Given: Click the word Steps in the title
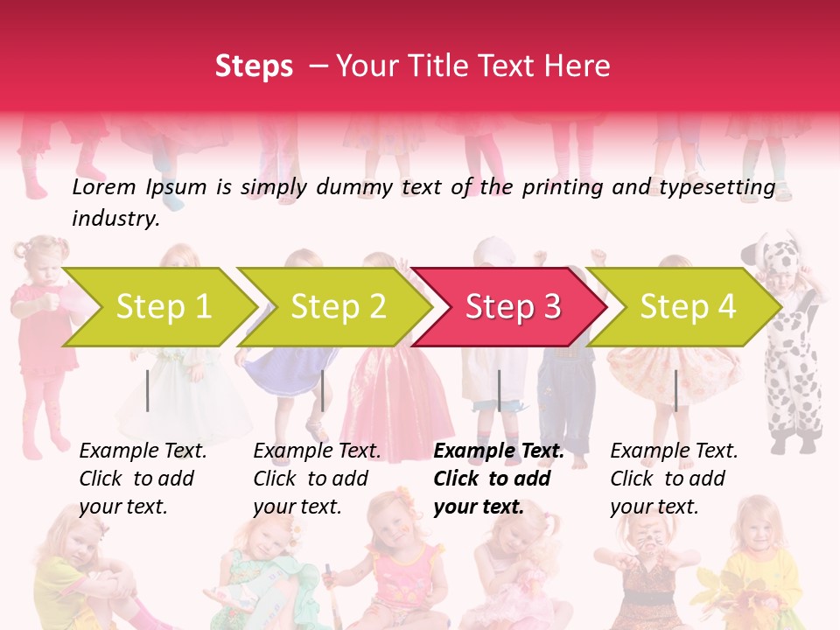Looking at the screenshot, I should [x=254, y=66].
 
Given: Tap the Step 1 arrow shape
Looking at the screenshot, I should [x=157, y=307].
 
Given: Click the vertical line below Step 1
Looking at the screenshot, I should [x=148, y=390].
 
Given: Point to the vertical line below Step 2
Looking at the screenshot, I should [x=323, y=390].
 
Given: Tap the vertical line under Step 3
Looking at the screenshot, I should [x=499, y=390].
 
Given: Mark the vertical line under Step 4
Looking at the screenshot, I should [x=675, y=390].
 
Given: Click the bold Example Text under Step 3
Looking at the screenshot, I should [x=499, y=451].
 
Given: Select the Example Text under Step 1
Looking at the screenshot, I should [x=143, y=451].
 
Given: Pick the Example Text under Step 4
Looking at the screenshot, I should [x=674, y=451].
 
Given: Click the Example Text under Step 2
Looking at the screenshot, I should [x=317, y=451].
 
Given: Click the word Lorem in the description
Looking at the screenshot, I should [x=104, y=187].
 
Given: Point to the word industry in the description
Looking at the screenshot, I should [x=115, y=219].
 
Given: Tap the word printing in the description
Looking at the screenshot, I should [x=563, y=187].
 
